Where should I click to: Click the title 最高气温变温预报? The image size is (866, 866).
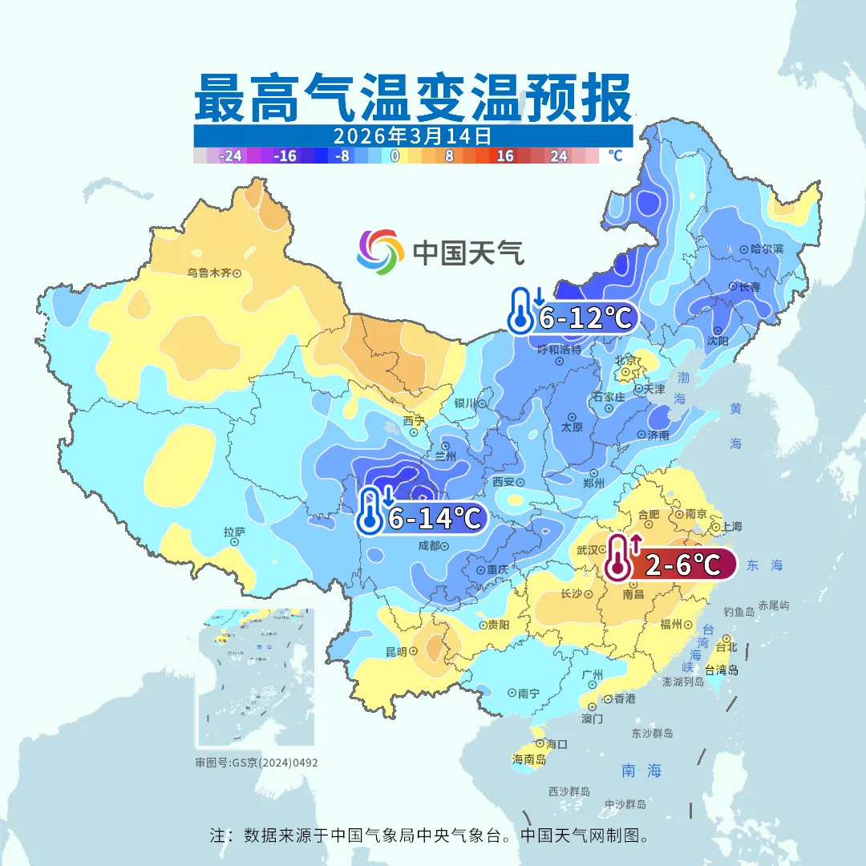click(413, 98)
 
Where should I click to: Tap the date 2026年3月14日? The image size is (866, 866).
click(413, 135)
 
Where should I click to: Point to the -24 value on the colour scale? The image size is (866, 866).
click(231, 156)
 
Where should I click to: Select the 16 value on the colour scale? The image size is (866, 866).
click(504, 156)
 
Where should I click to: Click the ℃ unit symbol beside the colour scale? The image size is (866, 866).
click(615, 156)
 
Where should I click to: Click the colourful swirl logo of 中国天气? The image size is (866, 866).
click(380, 251)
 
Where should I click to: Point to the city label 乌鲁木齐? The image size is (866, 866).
click(208, 273)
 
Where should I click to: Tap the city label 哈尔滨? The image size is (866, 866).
click(767, 249)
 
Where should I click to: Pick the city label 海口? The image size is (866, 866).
click(556, 744)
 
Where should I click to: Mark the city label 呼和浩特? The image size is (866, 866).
click(559, 350)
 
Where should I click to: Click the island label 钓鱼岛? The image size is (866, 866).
click(739, 611)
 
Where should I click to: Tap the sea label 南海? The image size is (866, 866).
click(641, 771)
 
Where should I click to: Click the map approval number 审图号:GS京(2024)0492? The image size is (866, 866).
click(257, 763)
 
